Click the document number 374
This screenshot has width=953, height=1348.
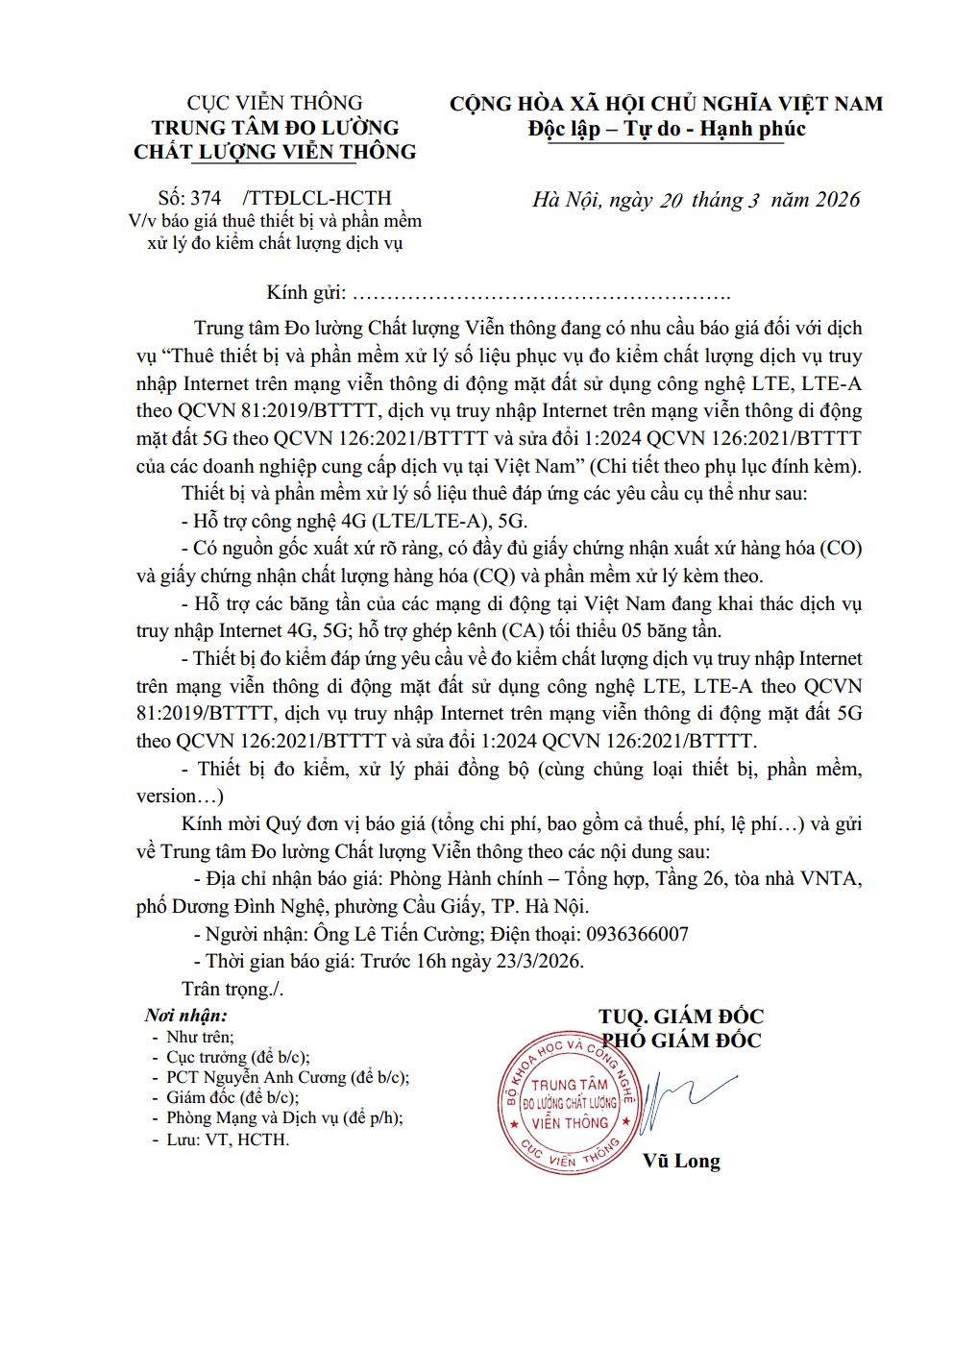tap(207, 199)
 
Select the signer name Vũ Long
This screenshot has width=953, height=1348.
tap(681, 1161)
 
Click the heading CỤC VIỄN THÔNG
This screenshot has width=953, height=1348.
tap(274, 103)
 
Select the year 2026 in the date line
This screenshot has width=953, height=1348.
tap(839, 200)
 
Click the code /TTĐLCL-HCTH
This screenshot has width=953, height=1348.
tap(318, 199)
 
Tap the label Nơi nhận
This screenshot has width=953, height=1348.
tap(186, 1016)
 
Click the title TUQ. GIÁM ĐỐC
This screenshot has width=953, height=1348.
tap(681, 1017)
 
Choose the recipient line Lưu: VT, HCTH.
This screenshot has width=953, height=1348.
tap(228, 1140)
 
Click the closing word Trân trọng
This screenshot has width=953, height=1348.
tap(232, 989)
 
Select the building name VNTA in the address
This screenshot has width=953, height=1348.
tap(836, 878)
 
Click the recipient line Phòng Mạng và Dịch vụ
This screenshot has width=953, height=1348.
tap(284, 1118)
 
